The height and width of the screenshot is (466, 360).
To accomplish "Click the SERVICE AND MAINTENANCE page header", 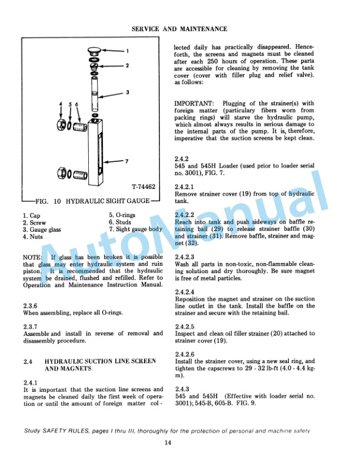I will (179, 28).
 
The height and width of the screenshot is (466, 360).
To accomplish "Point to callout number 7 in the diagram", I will (126, 161).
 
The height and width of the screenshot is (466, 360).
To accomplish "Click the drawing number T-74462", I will (143, 187).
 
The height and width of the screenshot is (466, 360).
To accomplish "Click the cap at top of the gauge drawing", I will (94, 51).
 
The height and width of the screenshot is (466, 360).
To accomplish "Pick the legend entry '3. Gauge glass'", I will (44, 230).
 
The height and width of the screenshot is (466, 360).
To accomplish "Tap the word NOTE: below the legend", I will (32, 257).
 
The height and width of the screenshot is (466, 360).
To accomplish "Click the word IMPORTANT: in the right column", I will (195, 104).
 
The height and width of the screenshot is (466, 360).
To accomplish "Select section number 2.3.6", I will (29, 305).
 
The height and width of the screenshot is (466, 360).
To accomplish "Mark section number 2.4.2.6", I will (185, 354).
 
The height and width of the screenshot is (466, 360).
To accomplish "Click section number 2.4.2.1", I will (185, 187).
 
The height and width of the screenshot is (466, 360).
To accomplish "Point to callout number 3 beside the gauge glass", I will (127, 92).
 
